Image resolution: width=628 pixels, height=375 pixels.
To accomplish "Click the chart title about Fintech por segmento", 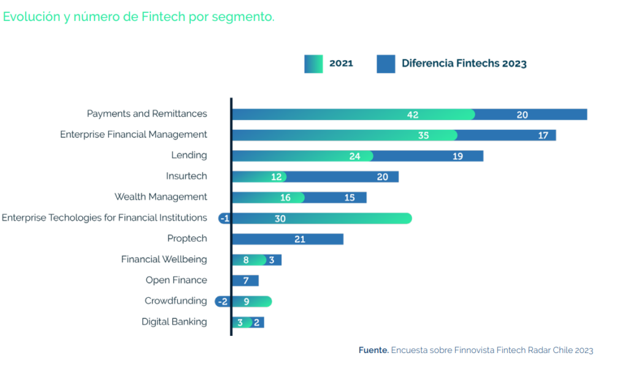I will pos(139,17).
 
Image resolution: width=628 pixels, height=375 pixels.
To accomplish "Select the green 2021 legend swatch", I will pos(313,64).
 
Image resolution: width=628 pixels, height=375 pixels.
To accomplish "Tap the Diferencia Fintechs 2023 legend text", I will pos(464,63).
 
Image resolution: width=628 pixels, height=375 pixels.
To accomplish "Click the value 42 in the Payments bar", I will pos(413,115).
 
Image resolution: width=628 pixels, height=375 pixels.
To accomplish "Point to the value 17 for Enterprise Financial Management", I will pos(543,135).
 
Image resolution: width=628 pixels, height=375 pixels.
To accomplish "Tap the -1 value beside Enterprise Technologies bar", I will pos(224,219).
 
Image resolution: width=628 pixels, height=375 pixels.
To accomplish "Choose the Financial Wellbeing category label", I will pos(164,259).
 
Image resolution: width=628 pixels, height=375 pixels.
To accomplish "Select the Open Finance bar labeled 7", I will pos(245,281).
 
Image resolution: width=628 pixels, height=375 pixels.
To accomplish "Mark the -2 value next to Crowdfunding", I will pos(223,301).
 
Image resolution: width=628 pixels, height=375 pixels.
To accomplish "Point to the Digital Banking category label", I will pos(174,322).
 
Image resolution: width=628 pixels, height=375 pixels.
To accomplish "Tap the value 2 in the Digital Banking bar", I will pos(257,322).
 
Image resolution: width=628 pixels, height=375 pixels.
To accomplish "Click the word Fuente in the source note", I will pos(373,350).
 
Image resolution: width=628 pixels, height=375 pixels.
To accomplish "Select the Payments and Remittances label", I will pos(147,113).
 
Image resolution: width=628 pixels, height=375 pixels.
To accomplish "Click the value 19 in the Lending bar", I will pos(458,156).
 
